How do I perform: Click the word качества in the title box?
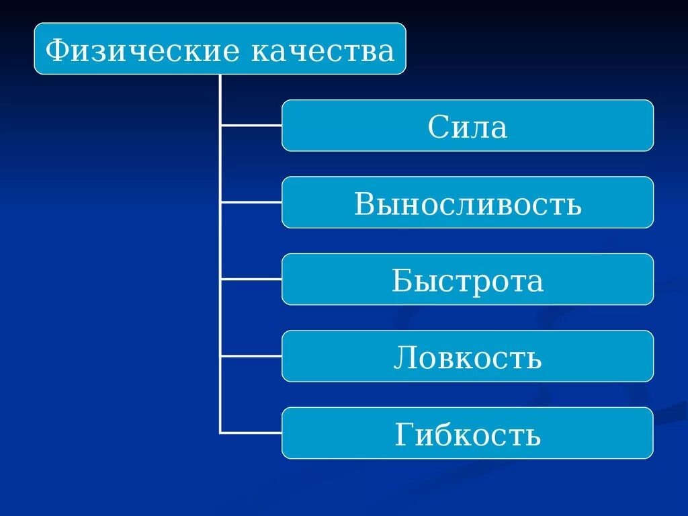point(322,50)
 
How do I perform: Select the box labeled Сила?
point(467,126)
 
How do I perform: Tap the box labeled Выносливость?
point(467,202)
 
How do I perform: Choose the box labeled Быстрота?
point(467,279)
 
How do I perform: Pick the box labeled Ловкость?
point(467,356)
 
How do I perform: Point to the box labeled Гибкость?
point(467,433)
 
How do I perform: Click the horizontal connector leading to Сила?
point(251,126)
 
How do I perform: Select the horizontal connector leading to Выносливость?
point(251,202)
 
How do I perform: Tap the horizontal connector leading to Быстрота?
point(251,279)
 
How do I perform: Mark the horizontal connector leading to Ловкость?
point(251,356)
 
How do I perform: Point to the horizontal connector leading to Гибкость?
point(251,433)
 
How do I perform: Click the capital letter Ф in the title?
point(56,50)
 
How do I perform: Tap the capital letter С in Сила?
point(437,126)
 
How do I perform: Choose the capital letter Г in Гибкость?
point(404,434)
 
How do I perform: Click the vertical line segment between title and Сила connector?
point(220,99)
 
